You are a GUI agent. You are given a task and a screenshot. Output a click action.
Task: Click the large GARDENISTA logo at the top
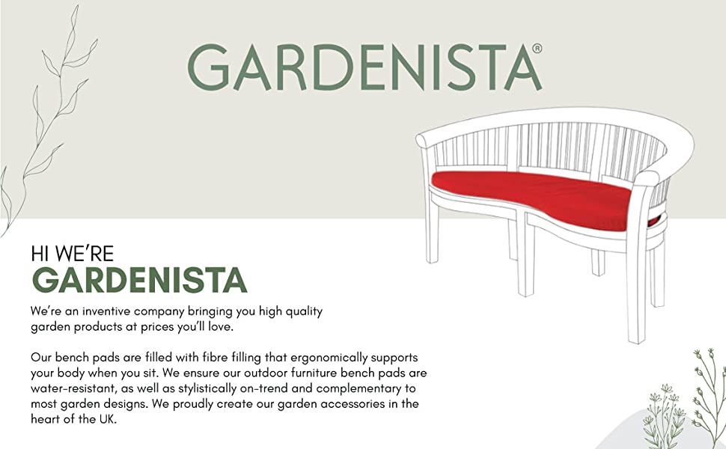[364, 67]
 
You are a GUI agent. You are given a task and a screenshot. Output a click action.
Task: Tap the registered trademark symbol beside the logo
[537, 48]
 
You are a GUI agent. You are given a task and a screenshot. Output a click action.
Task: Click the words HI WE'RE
[73, 254]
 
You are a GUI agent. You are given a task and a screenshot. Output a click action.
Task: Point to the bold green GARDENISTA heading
[139, 280]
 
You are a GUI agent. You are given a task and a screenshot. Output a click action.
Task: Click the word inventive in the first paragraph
[106, 311]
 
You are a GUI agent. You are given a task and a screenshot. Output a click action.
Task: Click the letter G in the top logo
[208, 67]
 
